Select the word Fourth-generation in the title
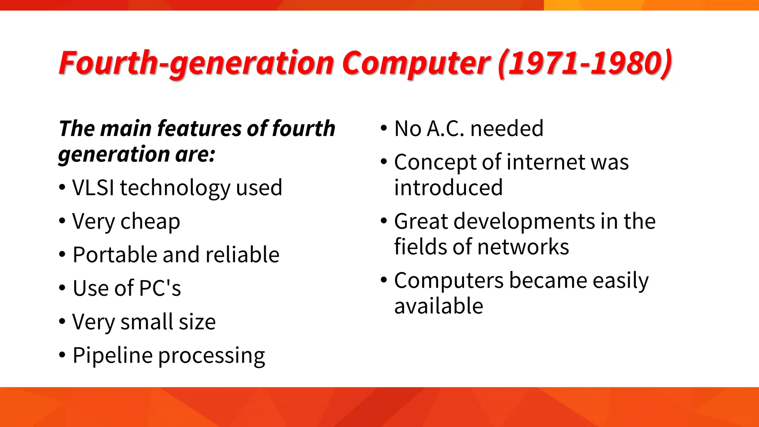pos(196,63)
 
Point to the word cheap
pos(150,222)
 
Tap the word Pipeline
pos(113,355)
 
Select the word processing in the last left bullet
pos(212,355)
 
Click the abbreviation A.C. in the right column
pos(445,129)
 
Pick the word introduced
pos(448,188)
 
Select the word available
pos(439,306)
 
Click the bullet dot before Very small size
pos(62,321)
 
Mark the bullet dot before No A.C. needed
pos(384,128)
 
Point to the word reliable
pos(242,255)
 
